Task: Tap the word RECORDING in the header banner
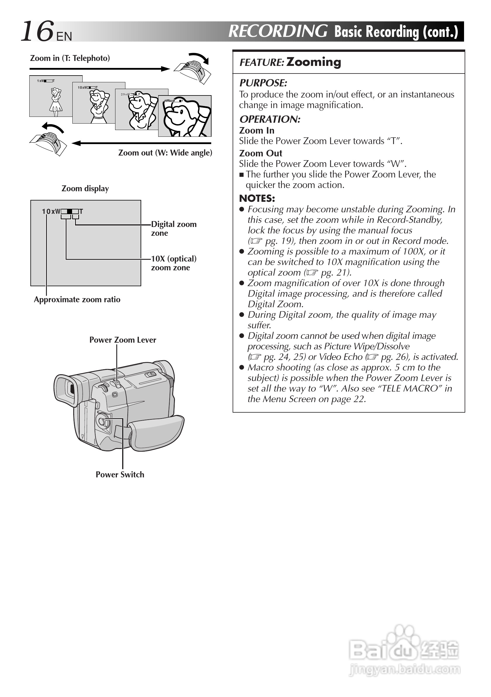tap(278, 31)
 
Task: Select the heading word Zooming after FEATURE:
tap(313, 62)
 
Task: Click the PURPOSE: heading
tap(263, 83)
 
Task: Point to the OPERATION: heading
tap(270, 119)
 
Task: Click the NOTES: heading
tap(257, 199)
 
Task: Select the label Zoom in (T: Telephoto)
tap(70, 58)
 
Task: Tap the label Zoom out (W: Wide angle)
tap(165, 153)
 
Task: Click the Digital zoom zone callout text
tap(174, 229)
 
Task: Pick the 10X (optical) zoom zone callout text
tap(174, 263)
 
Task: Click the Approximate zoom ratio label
tap(77, 300)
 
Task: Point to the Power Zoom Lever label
tap(123, 340)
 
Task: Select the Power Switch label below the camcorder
tap(120, 475)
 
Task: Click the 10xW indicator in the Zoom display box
tap(51, 211)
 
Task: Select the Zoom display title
tap(85, 189)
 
